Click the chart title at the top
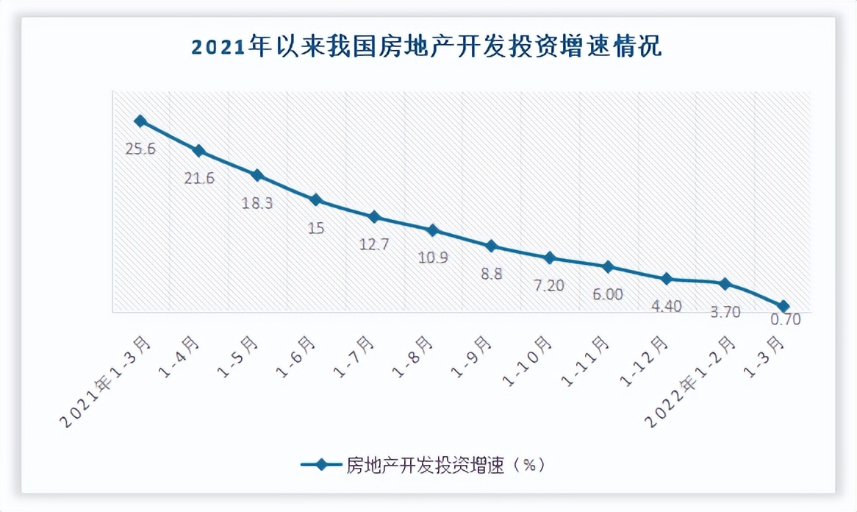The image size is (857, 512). coord(427,47)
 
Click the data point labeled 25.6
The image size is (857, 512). coord(140,121)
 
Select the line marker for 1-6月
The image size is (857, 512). coord(315,199)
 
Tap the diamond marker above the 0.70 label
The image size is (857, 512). coord(784,306)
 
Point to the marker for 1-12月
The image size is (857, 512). coord(667,279)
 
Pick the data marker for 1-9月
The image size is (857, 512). coord(491,246)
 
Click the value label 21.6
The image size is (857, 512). coord(198,178)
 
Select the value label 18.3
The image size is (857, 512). coord(257,203)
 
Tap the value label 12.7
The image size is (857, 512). coord(373,244)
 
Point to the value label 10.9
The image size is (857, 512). coord(432,257)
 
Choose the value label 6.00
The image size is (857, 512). coord(607,294)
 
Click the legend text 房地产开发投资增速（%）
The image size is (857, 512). coord(445,465)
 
